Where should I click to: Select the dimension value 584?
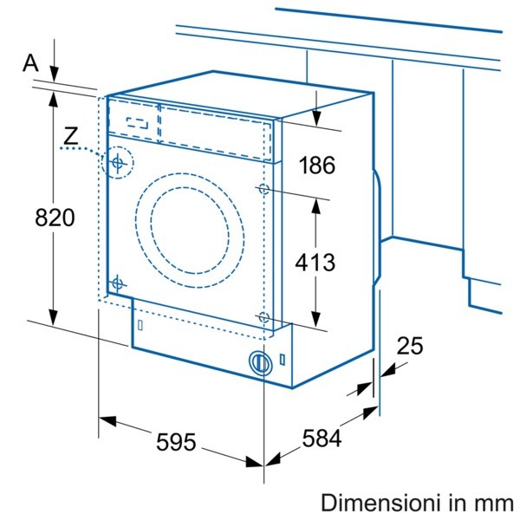321,439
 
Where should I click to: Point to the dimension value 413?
314,261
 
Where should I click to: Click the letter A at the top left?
31,62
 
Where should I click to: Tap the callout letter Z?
71,134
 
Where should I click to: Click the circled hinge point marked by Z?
117,161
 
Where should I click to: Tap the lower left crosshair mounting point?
117,283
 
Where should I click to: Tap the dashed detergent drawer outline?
138,122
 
